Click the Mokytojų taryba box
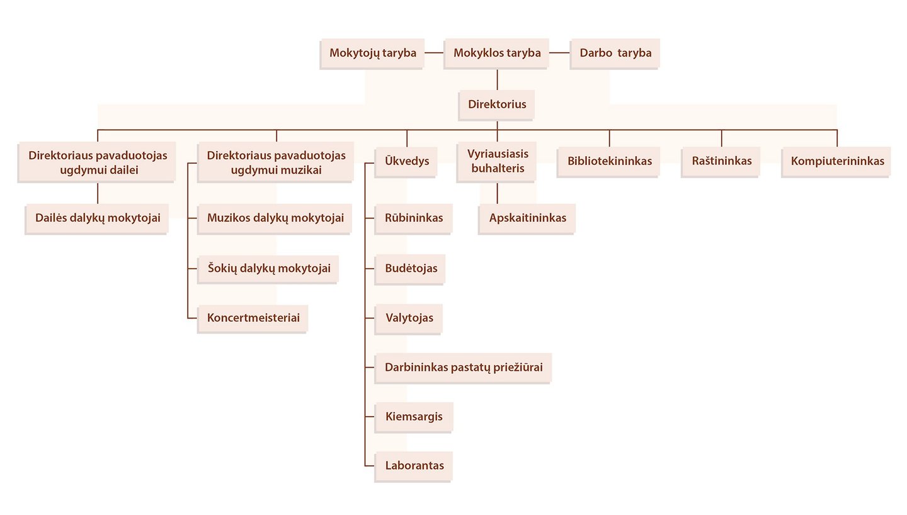(x=373, y=53)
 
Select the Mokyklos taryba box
(x=497, y=53)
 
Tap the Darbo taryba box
(x=615, y=53)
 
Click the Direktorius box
(x=497, y=104)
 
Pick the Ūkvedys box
(x=407, y=161)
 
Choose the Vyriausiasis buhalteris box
(x=497, y=161)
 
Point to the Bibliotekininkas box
(x=609, y=161)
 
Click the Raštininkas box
(x=721, y=161)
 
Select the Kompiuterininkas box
(x=836, y=161)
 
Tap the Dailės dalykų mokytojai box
(x=97, y=218)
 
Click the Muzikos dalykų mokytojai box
(x=275, y=218)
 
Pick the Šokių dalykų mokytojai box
(x=268, y=268)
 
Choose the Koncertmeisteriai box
(x=253, y=317)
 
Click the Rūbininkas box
(x=414, y=218)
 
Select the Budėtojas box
(x=411, y=268)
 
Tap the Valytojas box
(x=409, y=317)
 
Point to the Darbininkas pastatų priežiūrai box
(x=464, y=367)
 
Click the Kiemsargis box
(x=414, y=416)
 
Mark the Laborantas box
(x=414, y=466)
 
